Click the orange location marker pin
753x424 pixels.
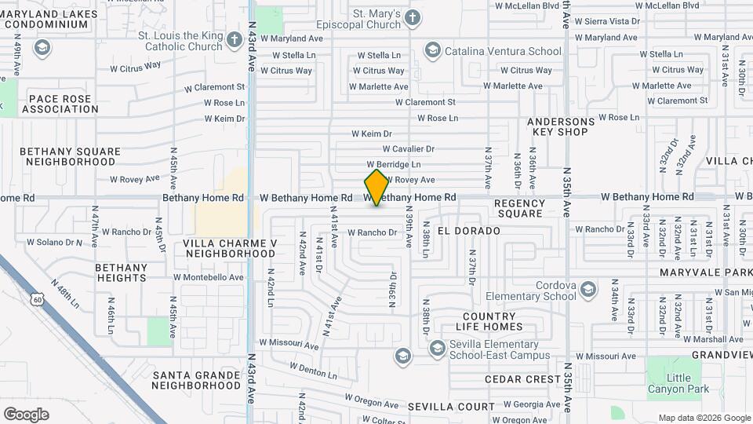(x=376, y=188)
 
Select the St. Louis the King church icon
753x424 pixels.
(x=234, y=40)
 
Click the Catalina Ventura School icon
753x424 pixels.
(x=431, y=51)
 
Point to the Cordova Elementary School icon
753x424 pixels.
(x=587, y=291)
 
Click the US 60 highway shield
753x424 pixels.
(x=37, y=299)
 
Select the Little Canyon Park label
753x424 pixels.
(x=678, y=382)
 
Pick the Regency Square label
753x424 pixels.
(x=519, y=208)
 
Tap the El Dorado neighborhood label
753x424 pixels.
(x=469, y=231)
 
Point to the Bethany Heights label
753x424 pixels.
(x=122, y=272)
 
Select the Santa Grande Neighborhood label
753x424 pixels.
(x=196, y=380)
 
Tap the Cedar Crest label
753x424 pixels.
(x=522, y=379)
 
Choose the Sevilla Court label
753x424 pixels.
(x=451, y=407)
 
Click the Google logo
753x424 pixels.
(x=26, y=414)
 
